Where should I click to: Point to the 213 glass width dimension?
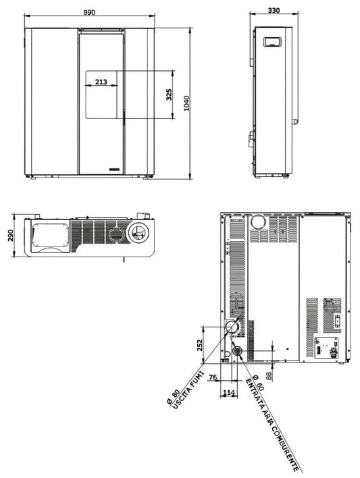point(101,82)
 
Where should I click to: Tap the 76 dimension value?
point(213,377)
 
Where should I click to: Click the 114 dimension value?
point(228,393)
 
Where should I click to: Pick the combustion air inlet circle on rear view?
point(238,350)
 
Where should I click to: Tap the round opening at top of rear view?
point(257,223)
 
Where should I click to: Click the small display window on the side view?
point(273,41)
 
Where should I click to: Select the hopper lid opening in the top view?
point(47,236)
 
